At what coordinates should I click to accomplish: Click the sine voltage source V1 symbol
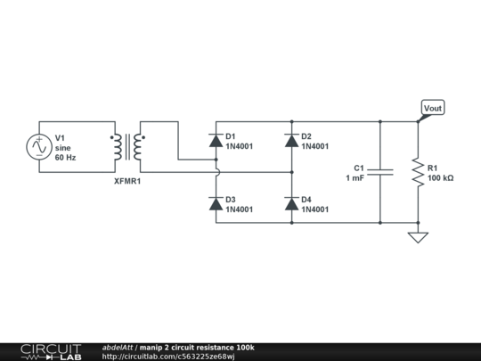click(x=39, y=146)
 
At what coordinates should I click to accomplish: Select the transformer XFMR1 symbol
click(x=127, y=147)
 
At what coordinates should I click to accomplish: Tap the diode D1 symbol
click(x=216, y=141)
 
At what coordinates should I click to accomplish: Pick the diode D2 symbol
click(x=291, y=141)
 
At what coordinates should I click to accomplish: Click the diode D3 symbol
click(x=216, y=204)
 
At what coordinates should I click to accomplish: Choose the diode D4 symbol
click(x=291, y=204)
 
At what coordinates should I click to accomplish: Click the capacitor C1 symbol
click(x=380, y=172)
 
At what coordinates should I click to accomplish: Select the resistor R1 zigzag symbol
click(x=418, y=172)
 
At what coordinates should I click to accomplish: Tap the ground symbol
click(x=418, y=237)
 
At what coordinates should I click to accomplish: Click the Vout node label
click(x=432, y=109)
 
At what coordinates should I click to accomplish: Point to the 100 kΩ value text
click(x=440, y=178)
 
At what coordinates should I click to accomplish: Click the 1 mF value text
click(x=355, y=178)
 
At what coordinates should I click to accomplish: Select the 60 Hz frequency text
click(x=66, y=158)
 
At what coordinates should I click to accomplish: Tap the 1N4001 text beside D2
click(x=315, y=147)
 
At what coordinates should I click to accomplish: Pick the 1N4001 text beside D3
click(x=240, y=210)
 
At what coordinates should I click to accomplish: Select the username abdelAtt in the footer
click(x=118, y=347)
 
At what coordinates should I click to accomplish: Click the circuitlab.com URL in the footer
click(x=168, y=357)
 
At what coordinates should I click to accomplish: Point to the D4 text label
click(x=306, y=200)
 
